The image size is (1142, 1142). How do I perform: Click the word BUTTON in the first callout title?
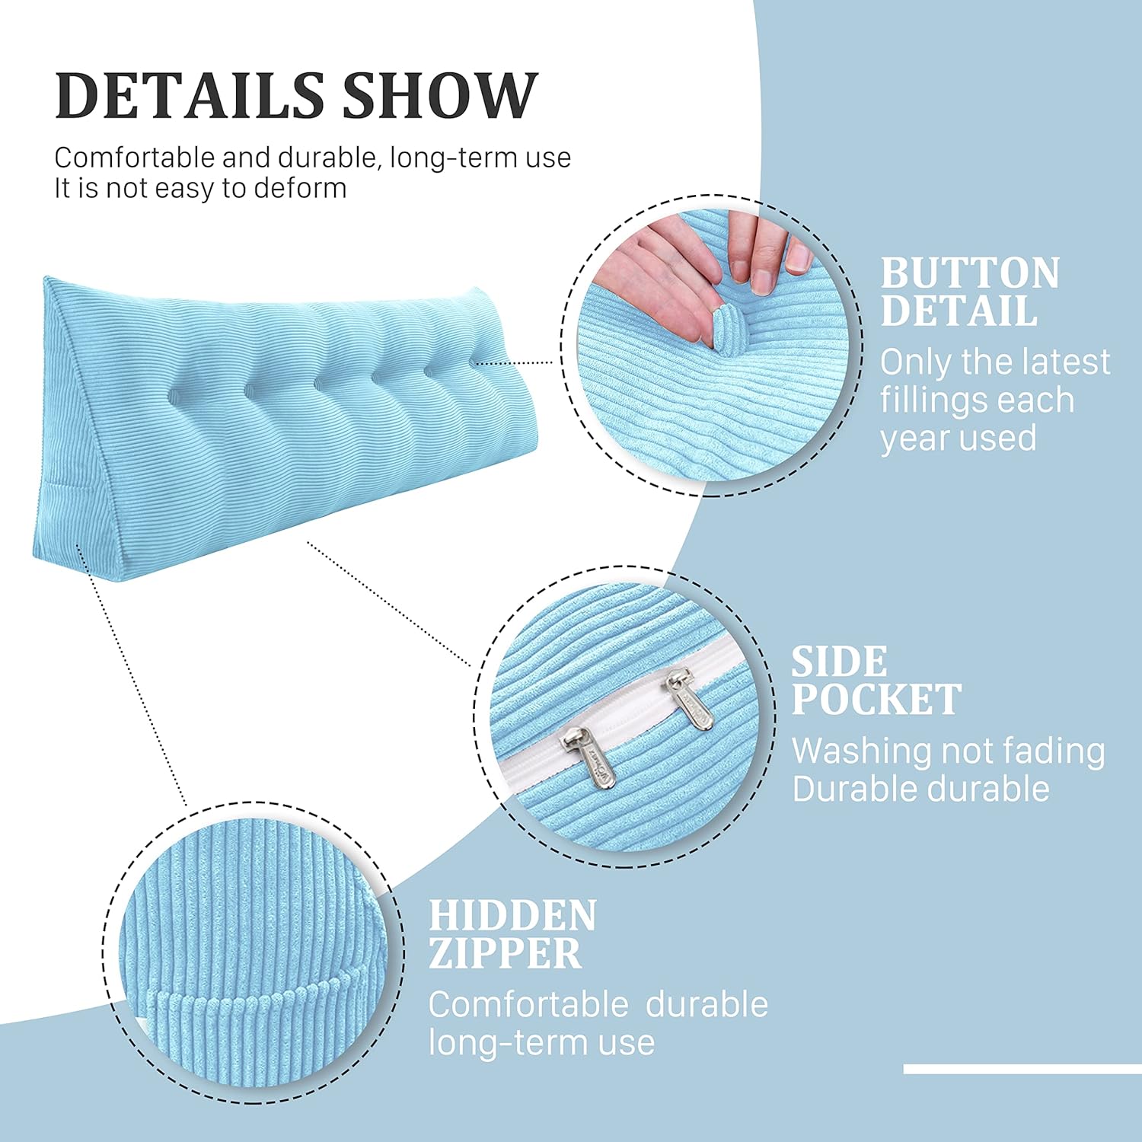pos(970,273)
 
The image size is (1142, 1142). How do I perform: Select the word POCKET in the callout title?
pos(876,700)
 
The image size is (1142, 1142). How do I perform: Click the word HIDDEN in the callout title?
pos(512,916)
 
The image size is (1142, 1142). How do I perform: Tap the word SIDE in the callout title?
pos(839,662)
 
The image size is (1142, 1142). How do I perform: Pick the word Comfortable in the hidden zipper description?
pos(525,1005)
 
